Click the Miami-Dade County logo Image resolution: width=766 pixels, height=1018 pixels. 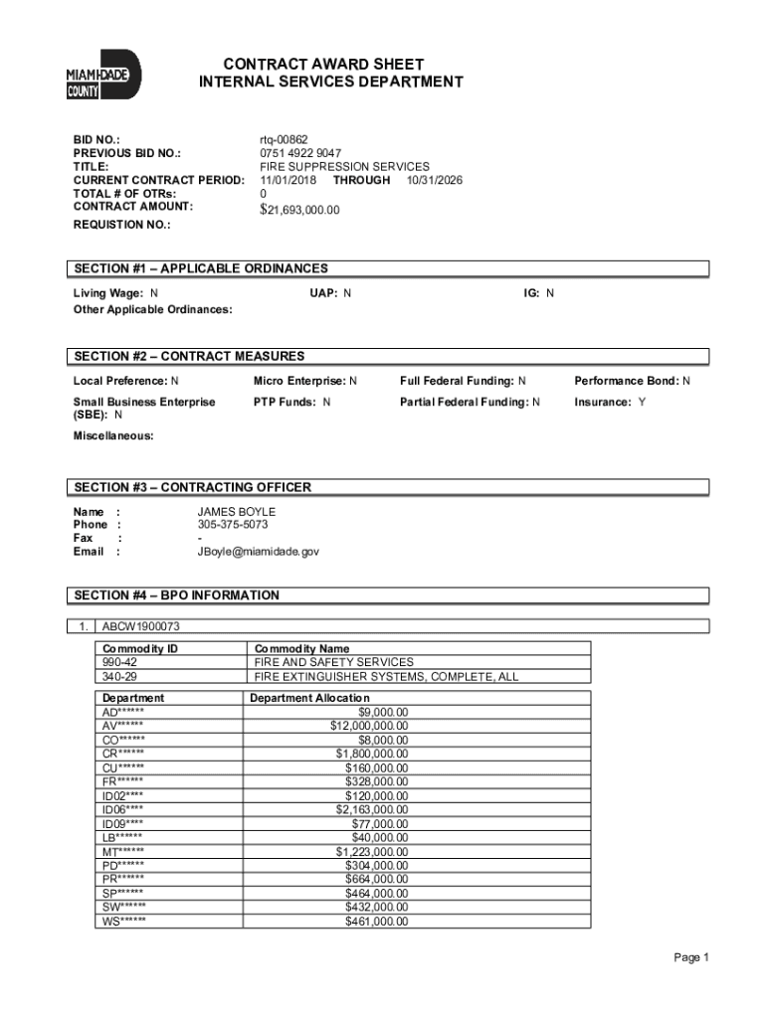pos(103,75)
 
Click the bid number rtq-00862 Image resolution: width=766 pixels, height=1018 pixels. pos(285,140)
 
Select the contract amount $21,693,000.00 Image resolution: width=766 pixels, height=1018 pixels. pos(299,210)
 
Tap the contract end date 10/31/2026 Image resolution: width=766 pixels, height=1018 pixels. pos(434,180)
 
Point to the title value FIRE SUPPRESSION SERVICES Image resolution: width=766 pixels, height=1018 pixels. pos(344,167)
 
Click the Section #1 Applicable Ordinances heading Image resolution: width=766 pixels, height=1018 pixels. pos(200,268)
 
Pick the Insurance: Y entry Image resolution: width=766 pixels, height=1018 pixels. pos(609,402)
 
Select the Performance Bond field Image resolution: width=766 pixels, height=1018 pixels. pos(632,381)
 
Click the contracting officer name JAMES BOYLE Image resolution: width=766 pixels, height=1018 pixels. pos(236,511)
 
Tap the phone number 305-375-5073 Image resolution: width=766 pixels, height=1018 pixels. pos(233,524)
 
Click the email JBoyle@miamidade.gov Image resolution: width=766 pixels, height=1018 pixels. pos(258,551)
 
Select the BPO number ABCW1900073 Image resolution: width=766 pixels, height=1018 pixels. pos(141,626)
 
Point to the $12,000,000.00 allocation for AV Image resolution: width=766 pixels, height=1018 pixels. pos(368,725)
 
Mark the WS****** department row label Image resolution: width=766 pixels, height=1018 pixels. pos(123,922)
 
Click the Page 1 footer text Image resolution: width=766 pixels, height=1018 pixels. pos(690,957)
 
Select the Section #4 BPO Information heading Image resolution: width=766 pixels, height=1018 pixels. pos(176,595)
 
